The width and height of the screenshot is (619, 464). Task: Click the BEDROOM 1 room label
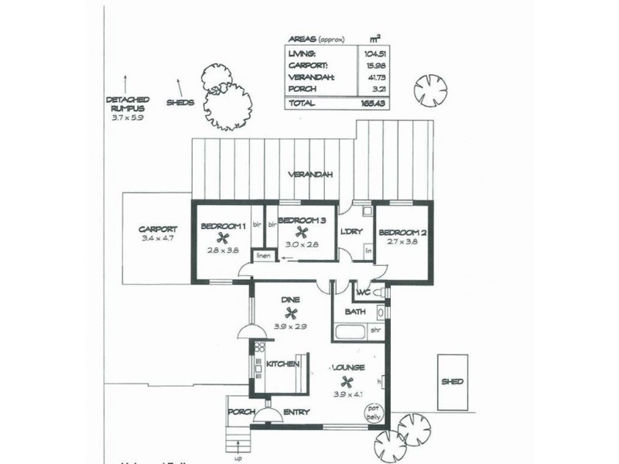pos(223,227)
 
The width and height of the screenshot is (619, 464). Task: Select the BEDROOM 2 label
pos(404,232)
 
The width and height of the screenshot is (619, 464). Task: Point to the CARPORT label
pos(158,229)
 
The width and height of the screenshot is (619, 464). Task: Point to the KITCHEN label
pos(282,363)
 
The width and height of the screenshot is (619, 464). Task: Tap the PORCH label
pos(241,412)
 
